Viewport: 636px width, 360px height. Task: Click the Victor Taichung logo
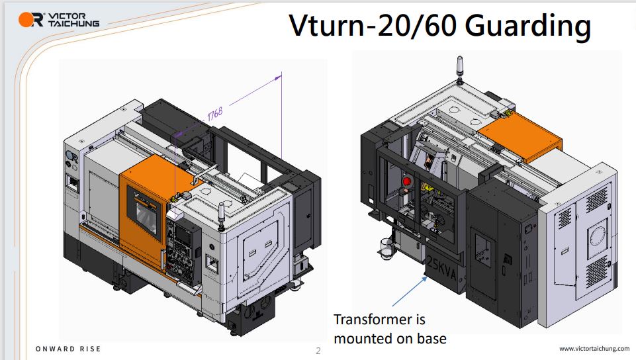point(59,19)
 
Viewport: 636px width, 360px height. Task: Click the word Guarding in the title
point(527,26)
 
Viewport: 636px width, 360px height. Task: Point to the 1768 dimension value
point(215,114)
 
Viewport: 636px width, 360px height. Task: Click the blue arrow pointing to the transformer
point(410,291)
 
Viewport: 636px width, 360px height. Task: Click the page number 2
point(318,351)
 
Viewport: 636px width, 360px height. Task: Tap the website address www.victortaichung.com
point(594,348)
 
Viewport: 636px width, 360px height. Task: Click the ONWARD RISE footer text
point(68,349)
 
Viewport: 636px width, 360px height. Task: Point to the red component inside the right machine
point(406,181)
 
